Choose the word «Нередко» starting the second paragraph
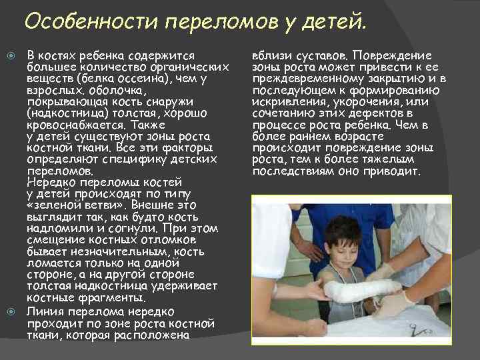[x=49, y=181]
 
